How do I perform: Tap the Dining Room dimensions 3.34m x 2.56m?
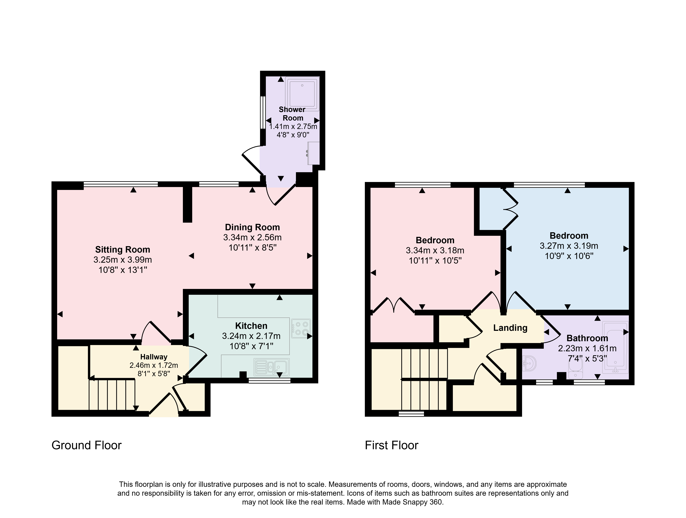(x=252, y=238)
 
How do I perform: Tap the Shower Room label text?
(x=292, y=114)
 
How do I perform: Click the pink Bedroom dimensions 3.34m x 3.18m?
(x=435, y=251)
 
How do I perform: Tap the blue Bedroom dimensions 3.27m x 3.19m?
(x=569, y=246)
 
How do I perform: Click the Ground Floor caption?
(x=86, y=445)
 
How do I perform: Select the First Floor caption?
(x=392, y=445)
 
